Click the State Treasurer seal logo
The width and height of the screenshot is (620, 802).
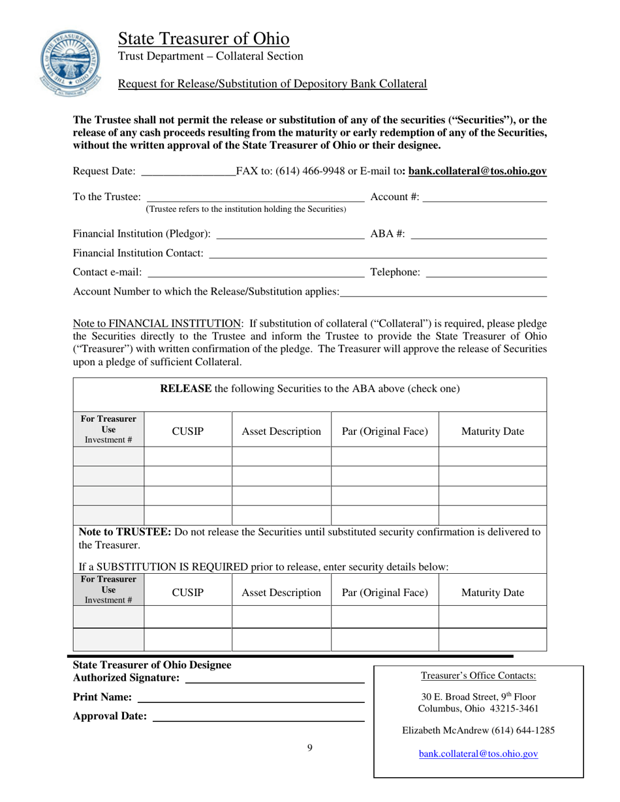coord(67,63)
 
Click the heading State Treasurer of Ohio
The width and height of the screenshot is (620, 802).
coord(204,38)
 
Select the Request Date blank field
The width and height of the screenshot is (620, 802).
coord(188,172)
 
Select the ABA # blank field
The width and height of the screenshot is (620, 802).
coord(478,233)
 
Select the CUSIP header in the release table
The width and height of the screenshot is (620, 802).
coord(188,431)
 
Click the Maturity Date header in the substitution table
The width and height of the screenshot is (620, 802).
coord(492,593)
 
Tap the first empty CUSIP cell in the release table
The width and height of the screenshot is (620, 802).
coord(188,456)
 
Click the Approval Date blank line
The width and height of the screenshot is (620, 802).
coord(258,717)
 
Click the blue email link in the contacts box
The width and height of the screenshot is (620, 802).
coord(478,754)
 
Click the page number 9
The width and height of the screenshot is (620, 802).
coord(310,748)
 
